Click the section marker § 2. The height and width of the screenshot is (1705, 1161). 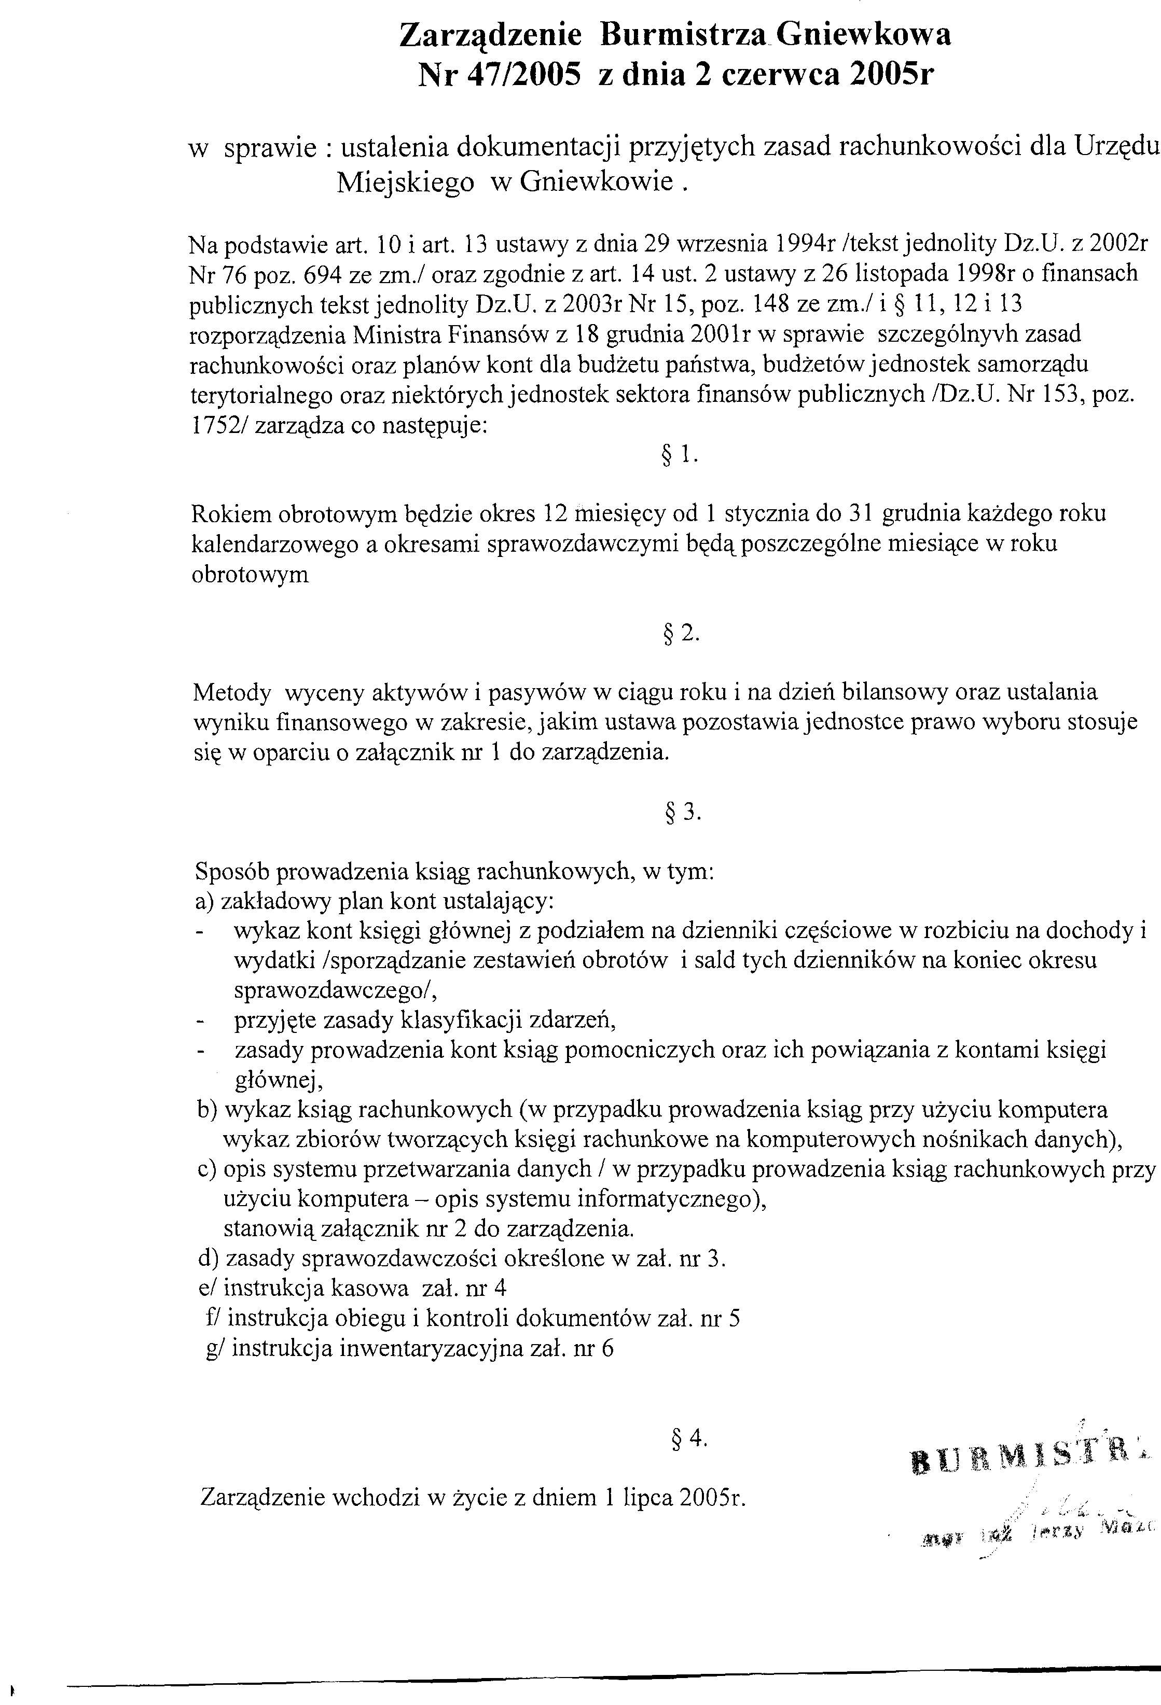tap(682, 633)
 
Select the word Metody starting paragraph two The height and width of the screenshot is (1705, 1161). tap(232, 692)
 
